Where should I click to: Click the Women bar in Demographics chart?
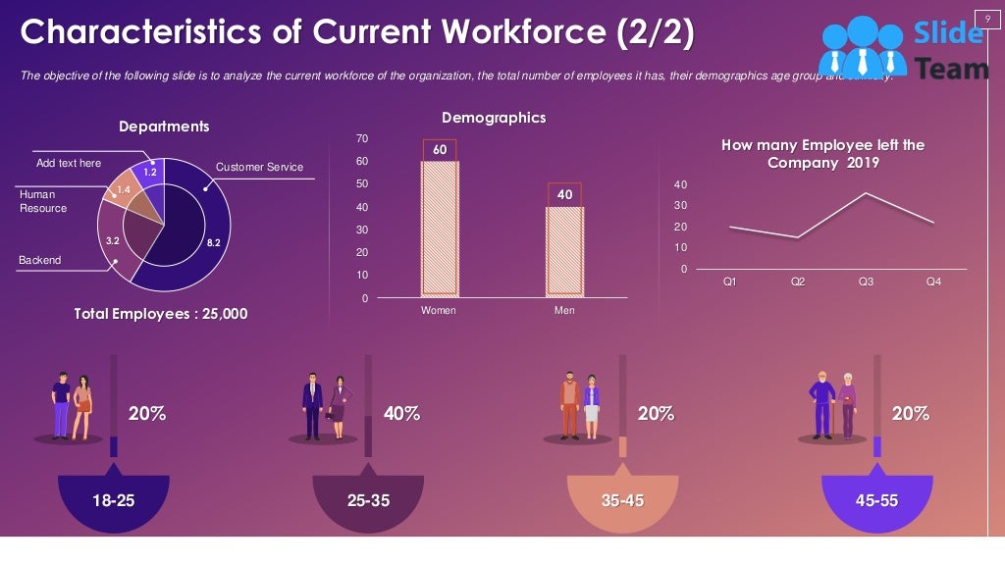click(440, 227)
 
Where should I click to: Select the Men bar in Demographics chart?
click(564, 250)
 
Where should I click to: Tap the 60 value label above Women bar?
click(440, 150)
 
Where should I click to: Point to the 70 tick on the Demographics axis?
click(362, 138)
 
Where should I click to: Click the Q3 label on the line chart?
click(866, 282)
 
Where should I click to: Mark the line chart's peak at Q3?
click(865, 193)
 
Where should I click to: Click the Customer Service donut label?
click(259, 167)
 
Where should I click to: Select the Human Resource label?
click(43, 201)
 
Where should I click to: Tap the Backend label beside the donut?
click(39, 260)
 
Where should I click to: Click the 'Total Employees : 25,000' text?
click(161, 314)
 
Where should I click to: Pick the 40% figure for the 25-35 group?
click(401, 414)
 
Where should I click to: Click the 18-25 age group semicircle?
click(114, 500)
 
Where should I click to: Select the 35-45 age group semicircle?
click(622, 500)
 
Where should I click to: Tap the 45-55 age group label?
click(876, 500)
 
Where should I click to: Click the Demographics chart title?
click(494, 118)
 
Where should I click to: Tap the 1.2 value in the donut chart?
click(150, 172)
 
